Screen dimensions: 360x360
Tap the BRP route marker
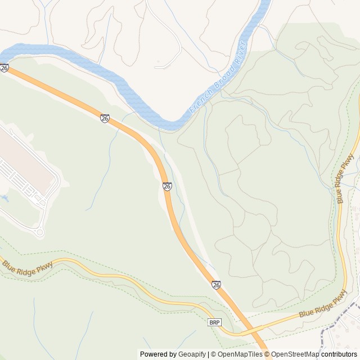[214, 322]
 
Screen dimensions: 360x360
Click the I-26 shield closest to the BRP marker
[217, 285]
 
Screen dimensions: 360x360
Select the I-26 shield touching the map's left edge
[4, 68]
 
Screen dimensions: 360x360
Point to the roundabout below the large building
[39, 232]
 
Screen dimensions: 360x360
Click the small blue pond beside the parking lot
[5, 199]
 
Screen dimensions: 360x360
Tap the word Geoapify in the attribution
[193, 354]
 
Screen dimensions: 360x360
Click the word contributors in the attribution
[339, 354]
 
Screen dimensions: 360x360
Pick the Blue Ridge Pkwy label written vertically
[341, 180]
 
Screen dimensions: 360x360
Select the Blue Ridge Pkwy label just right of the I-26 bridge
[323, 307]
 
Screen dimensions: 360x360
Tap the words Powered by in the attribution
[158, 354]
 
